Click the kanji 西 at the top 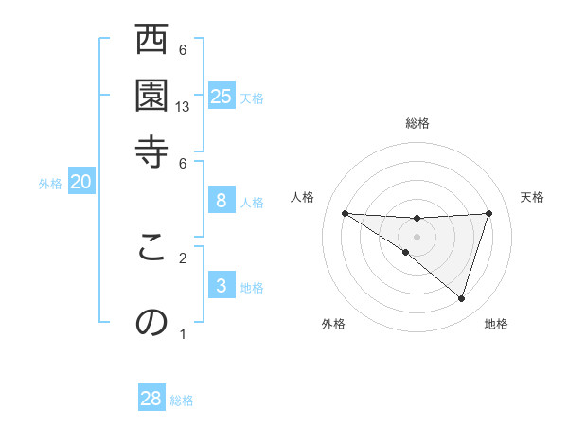pos(151,43)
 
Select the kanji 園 pos(151,95)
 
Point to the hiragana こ pos(151,248)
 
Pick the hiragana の pos(151,323)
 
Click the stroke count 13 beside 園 pos(183,107)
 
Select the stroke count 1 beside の pos(183,333)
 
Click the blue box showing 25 pos(222,96)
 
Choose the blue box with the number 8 pos(222,200)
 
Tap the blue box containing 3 pos(222,285)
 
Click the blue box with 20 pos(81,182)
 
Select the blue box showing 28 pos(151,399)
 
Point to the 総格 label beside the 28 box pos(182,400)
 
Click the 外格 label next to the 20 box pos(50,184)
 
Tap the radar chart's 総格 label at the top pos(417,123)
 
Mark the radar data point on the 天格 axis pos(488,213)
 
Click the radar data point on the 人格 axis pos(345,213)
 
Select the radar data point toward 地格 pos(461,298)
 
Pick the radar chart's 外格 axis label pos(333,325)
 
